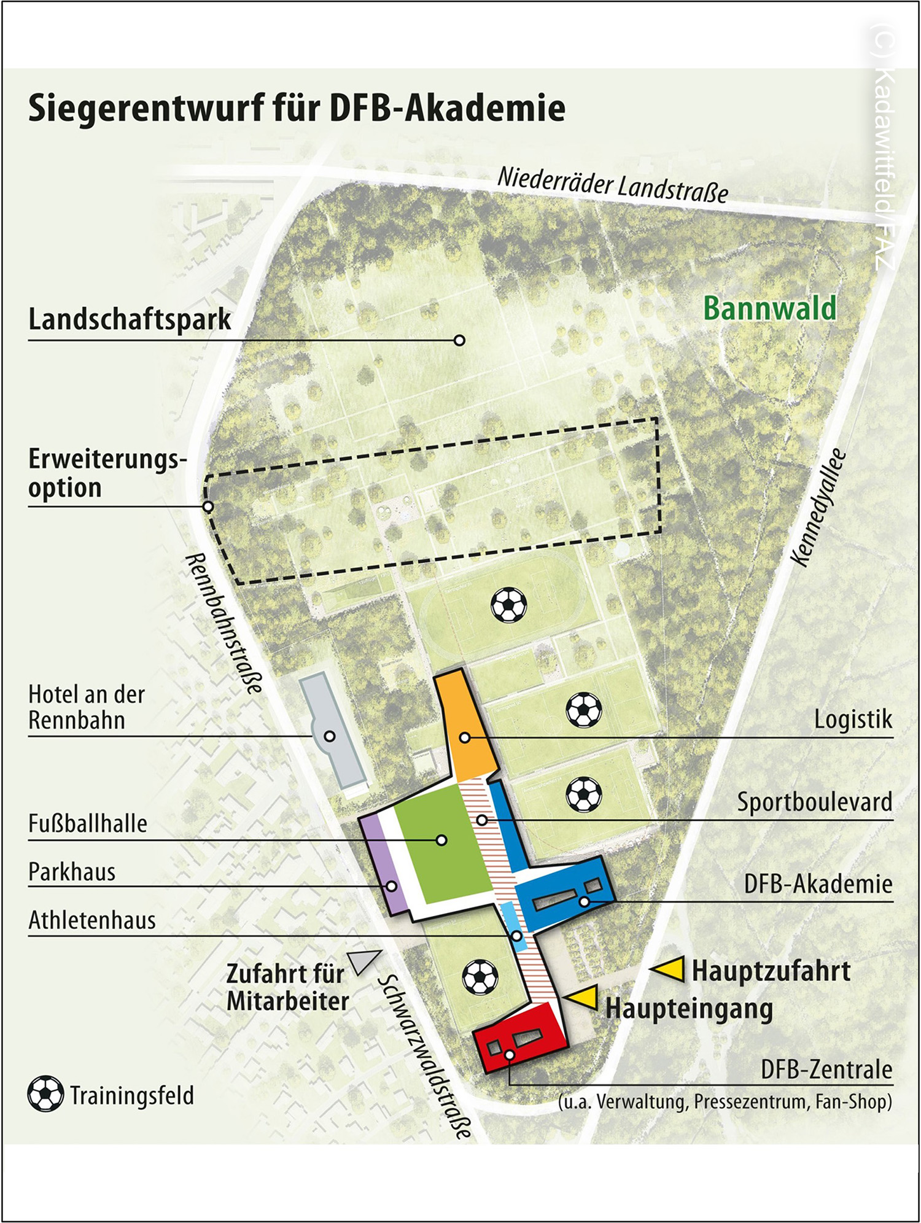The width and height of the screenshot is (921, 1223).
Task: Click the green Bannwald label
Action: pyautogui.click(x=769, y=308)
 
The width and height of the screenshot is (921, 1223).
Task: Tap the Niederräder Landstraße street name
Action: pyautogui.click(x=612, y=184)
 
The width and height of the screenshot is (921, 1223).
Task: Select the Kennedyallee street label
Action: pyautogui.click(x=818, y=508)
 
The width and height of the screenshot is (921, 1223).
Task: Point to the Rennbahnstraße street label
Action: pyautogui.click(x=223, y=623)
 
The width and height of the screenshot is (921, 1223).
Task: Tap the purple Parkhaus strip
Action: pyautogui.click(x=384, y=866)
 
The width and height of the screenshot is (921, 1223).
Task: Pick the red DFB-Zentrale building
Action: pyautogui.click(x=521, y=1038)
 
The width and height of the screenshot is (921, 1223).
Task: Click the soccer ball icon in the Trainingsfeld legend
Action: pyautogui.click(x=45, y=1094)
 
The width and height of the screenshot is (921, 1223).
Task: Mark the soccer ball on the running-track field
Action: pyautogui.click(x=508, y=604)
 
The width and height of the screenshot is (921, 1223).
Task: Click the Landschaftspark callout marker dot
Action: pyautogui.click(x=459, y=340)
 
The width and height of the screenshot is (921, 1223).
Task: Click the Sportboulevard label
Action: pyautogui.click(x=814, y=802)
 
